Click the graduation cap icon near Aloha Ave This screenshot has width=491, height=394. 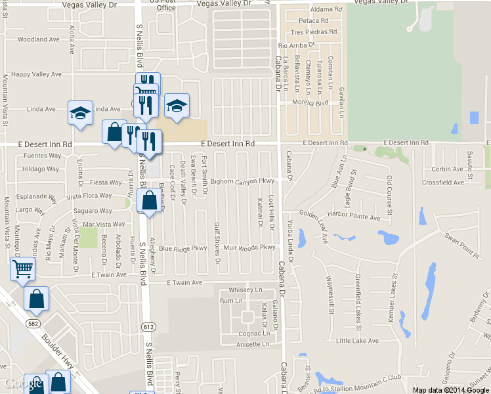80,112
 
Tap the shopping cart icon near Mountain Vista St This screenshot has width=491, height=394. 23,268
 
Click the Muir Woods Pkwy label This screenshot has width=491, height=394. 249,248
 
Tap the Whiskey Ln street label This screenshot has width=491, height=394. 245,290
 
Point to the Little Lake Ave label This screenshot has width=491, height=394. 357,341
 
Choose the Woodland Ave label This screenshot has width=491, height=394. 38,39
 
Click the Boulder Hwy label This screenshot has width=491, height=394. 56,352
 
